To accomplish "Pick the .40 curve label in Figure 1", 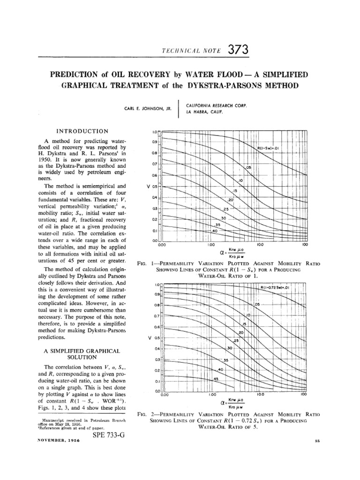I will click(x=215, y=231).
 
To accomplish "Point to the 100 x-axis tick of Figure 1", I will click(x=305, y=244).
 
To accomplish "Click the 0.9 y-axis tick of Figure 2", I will click(x=157, y=294).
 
